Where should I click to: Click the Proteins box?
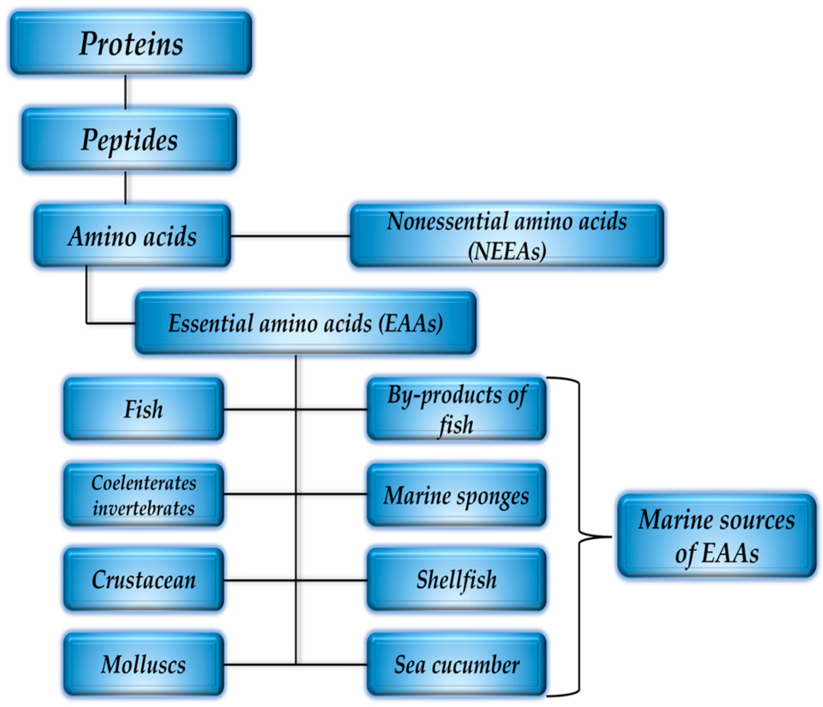tap(131, 43)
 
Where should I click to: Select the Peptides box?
tap(129, 140)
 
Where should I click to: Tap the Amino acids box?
tap(132, 236)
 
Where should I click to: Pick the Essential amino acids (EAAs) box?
tap(305, 323)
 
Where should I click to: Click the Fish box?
tap(144, 409)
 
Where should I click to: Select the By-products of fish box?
tap(457, 409)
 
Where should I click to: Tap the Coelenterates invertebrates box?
tap(144, 495)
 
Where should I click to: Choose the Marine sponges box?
tap(457, 495)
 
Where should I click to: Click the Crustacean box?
tap(144, 580)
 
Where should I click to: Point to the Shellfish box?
tap(457, 580)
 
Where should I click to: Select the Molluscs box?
tap(144, 664)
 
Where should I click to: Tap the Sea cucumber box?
tap(457, 665)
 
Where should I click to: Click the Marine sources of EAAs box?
tap(716, 536)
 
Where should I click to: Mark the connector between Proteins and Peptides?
tap(125, 92)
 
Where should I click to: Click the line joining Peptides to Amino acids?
tap(125, 188)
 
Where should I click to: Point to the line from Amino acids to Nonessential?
tap(290, 236)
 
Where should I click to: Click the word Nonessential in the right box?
tap(448, 222)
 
